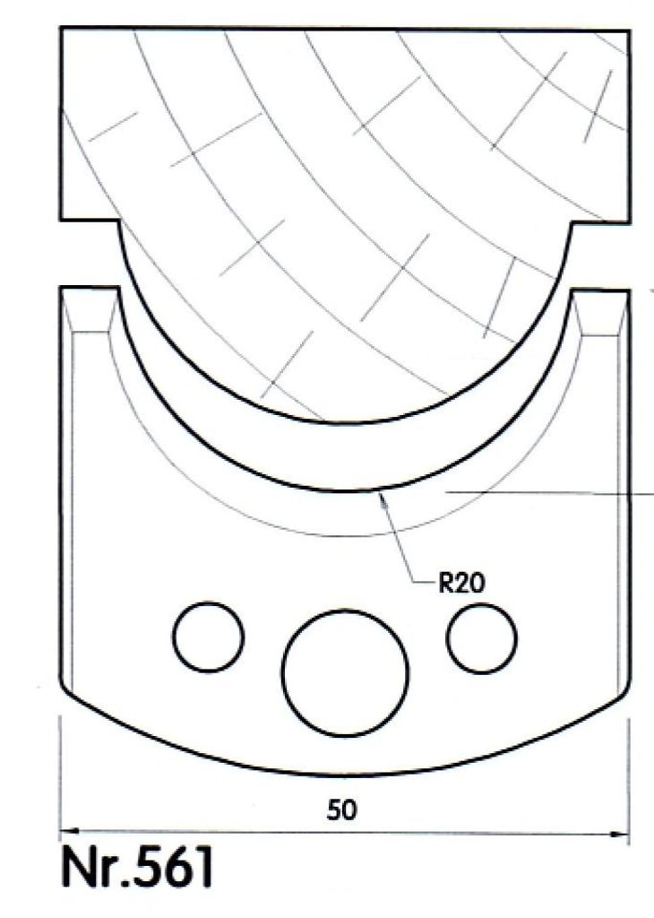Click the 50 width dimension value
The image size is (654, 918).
coord(342,810)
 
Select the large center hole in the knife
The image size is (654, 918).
coord(345,671)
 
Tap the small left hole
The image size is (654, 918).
coord(209,636)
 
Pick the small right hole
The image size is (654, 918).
coord(482,637)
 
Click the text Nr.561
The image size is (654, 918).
coord(137,869)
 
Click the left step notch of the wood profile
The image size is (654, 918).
coord(119,221)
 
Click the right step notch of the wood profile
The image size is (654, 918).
coord(571,221)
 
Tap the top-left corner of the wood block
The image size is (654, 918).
coord(61,29)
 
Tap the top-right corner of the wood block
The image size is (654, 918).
coord(629,30)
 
